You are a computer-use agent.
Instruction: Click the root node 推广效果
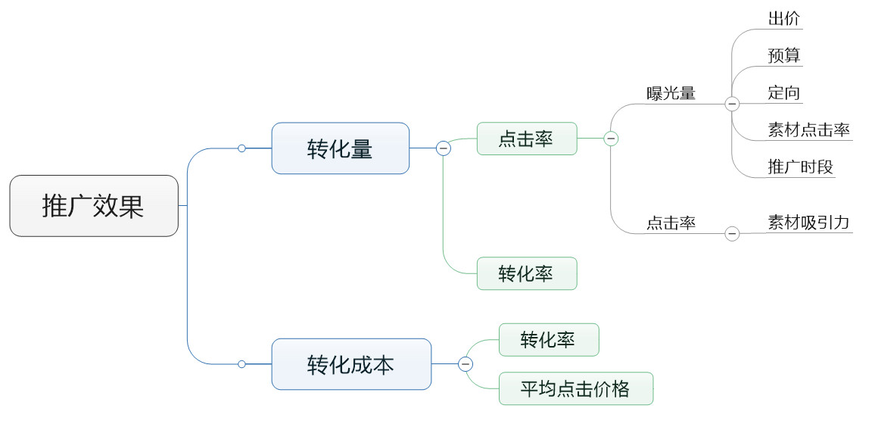click(94, 206)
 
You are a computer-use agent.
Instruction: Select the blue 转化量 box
click(341, 148)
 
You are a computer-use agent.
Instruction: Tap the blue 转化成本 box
click(351, 364)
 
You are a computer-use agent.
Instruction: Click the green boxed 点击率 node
click(526, 139)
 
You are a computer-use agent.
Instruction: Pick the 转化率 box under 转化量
click(526, 273)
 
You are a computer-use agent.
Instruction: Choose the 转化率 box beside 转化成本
click(548, 340)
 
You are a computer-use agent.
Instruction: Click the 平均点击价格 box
click(575, 388)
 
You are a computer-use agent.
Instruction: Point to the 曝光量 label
click(671, 94)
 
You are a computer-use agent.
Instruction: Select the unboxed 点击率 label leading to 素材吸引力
click(671, 223)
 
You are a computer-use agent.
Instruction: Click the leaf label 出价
click(784, 19)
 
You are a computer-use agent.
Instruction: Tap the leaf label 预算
click(784, 55)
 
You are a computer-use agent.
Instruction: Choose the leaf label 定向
click(784, 92)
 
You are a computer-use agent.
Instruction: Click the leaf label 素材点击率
click(808, 129)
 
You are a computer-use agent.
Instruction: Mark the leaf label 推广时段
click(800, 167)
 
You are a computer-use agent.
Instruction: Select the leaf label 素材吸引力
click(808, 223)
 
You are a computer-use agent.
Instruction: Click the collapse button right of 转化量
click(444, 148)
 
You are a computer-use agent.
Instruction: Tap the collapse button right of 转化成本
click(466, 364)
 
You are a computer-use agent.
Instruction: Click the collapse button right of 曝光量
click(732, 104)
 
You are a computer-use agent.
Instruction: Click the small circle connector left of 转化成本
click(241, 364)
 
